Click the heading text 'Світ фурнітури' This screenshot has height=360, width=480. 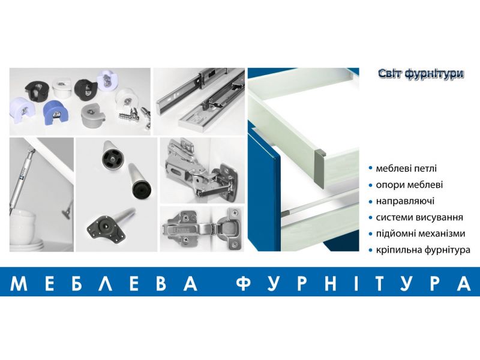(421, 74)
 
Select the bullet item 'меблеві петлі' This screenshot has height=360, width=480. (406, 169)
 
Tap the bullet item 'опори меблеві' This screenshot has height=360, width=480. (409, 185)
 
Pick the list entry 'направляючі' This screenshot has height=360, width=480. (404, 201)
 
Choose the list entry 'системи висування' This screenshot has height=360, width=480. (419, 217)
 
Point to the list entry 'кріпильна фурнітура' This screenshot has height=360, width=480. (423, 250)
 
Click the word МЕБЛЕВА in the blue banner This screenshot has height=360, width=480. (104, 283)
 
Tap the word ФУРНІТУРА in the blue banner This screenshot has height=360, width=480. (353, 283)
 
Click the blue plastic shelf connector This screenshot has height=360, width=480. (56, 110)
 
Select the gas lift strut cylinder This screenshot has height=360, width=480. (21, 181)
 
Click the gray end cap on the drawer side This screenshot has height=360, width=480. (320, 169)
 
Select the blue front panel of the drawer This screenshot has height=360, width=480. (264, 190)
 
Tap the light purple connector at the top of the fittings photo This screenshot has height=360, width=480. (107, 80)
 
